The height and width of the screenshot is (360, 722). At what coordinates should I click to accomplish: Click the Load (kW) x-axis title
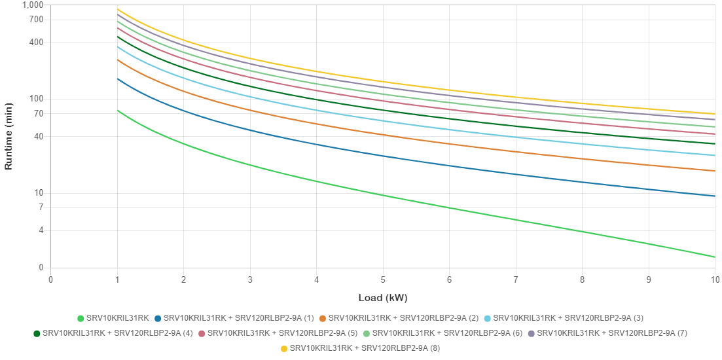[383, 298]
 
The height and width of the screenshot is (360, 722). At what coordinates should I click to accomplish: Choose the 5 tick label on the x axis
[383, 279]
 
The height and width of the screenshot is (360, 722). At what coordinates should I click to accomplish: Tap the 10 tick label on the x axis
[715, 279]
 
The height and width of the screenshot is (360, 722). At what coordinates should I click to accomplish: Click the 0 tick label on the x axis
[50, 279]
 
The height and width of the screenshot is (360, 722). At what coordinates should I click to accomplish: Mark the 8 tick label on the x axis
[582, 279]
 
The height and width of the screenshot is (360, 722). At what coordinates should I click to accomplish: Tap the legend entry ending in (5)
[278, 334]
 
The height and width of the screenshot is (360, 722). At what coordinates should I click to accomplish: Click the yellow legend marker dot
[284, 349]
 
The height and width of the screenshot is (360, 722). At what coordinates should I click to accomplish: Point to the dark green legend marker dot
[37, 334]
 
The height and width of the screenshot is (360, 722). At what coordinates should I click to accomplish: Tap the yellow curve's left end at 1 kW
[117, 9]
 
